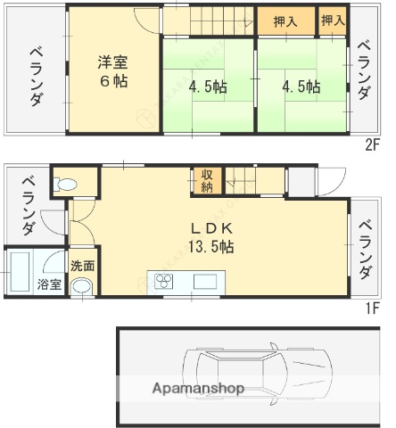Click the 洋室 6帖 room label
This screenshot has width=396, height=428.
coord(114,70)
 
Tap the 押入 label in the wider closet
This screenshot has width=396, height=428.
coord(285,21)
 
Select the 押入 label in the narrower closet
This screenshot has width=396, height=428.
coord(332,21)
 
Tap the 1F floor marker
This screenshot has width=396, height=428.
coord(372,310)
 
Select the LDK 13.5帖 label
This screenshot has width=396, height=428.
coord(212,236)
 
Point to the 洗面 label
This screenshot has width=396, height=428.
coord(83,265)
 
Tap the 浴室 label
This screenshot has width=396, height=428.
coord(50,284)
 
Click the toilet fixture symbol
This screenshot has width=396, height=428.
coord(65,185)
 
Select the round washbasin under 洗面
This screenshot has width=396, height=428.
coord(82,287)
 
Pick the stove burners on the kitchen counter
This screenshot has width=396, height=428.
coord(166,282)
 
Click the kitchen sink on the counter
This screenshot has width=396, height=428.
coord(204,282)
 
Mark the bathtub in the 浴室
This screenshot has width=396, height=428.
coord(20,272)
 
